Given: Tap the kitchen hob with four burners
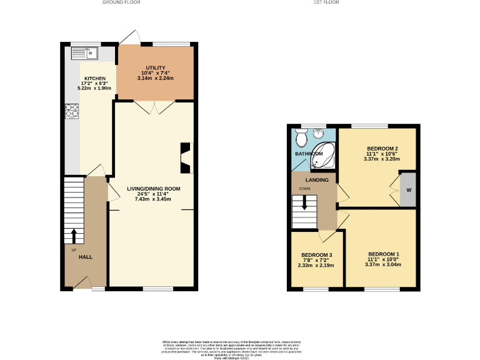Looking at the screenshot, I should [71, 111].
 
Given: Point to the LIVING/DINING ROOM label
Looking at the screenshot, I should [153, 188].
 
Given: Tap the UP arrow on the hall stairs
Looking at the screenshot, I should [74, 236].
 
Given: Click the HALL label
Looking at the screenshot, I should [85, 257].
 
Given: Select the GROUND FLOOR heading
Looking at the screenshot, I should [121, 2].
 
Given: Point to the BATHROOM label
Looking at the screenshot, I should [309, 154].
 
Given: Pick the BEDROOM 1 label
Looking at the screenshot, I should [383, 254].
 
